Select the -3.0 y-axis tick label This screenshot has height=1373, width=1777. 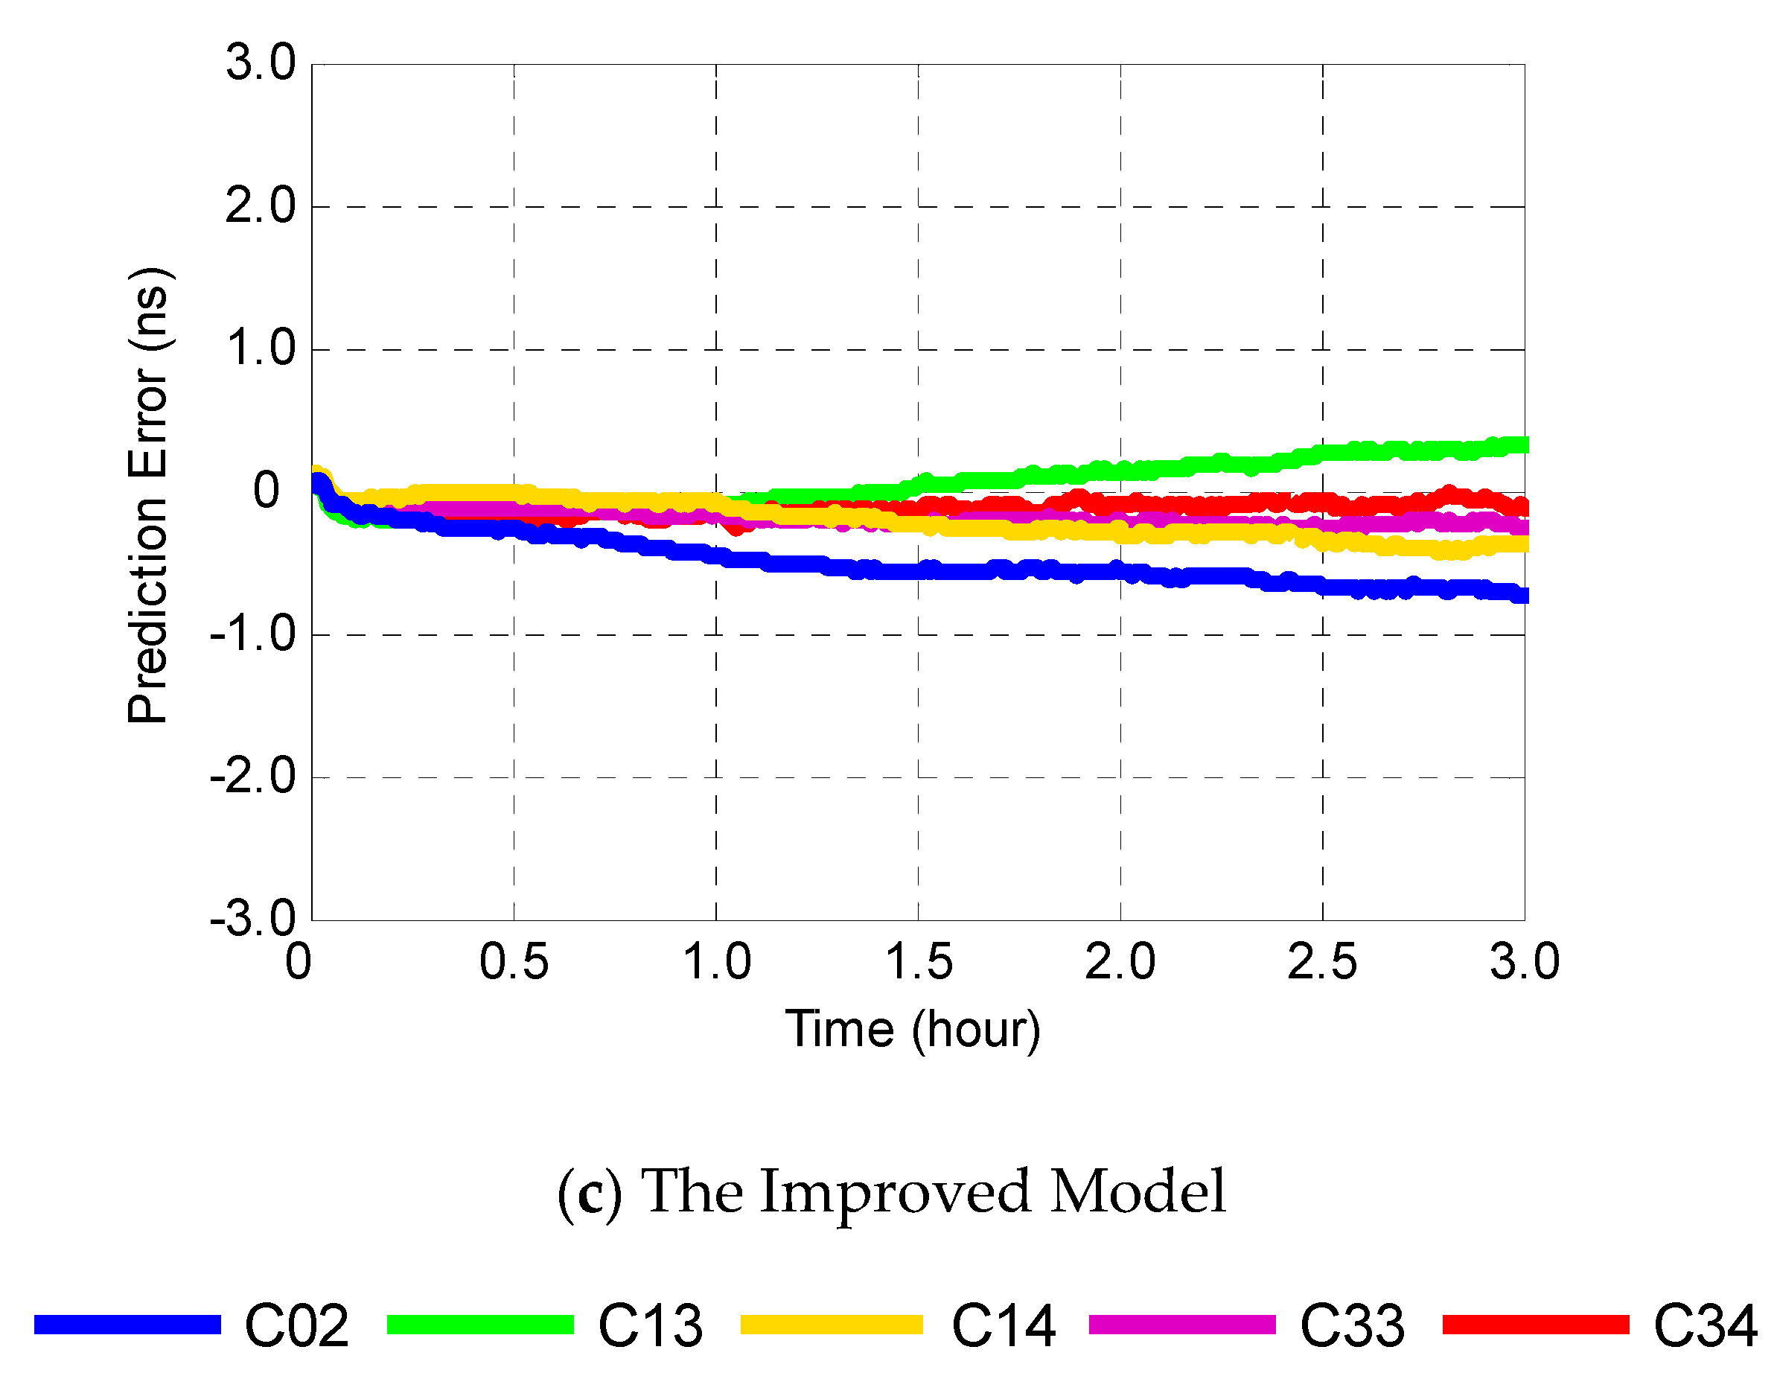point(253,919)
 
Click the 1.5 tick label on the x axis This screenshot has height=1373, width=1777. point(918,961)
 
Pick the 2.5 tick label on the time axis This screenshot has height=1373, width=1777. point(1322,961)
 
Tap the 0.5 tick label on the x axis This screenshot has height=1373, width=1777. point(514,961)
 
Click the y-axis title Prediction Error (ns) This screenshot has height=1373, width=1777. point(148,494)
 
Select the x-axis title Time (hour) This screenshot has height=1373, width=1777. point(912,1029)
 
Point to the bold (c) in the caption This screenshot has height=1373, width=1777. point(589,1192)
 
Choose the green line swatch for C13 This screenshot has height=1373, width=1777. point(480,1324)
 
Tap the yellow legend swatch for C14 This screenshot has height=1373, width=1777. point(832,1324)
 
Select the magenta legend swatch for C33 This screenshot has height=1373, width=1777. point(1182,1324)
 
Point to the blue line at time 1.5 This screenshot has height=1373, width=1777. point(918,570)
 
